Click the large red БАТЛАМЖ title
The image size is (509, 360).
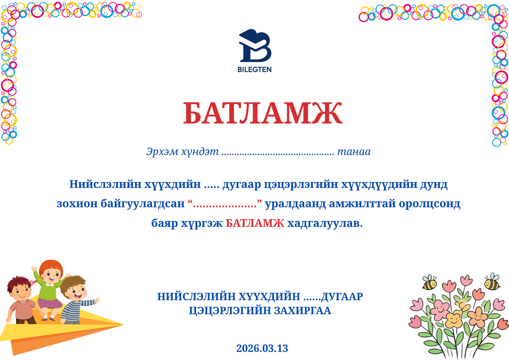262,114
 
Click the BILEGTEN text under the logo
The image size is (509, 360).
254,69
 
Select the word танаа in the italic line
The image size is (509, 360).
354,152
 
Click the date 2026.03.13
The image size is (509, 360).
262,348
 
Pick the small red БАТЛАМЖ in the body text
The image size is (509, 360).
255,223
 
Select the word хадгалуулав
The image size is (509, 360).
325,223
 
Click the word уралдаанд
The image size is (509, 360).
295,203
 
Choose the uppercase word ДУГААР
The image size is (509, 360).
342,296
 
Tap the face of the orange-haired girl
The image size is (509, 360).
51,274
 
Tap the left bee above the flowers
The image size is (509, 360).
429,282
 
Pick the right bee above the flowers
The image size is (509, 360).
492,282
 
